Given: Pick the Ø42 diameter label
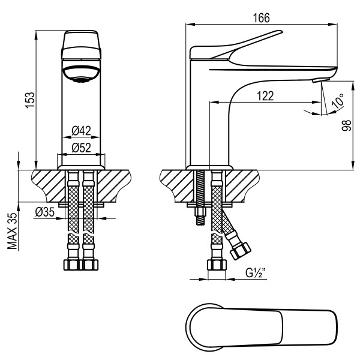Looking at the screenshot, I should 80,130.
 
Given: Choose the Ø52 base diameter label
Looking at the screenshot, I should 80,148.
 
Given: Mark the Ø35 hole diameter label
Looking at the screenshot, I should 45,211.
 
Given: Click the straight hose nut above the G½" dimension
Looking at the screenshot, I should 216,265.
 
